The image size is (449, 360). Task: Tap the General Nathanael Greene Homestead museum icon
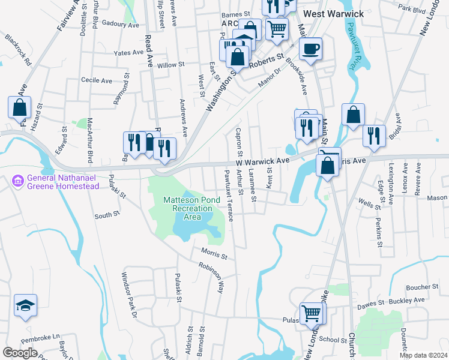[17, 180]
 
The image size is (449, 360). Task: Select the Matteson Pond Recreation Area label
[188, 208]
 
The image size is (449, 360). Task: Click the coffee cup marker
[310, 49]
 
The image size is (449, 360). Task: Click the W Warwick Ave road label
[262, 161]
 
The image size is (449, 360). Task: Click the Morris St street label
[214, 256]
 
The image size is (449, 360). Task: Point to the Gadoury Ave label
[120, 25]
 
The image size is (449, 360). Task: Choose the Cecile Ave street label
[97, 80]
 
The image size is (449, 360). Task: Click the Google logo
[20, 353]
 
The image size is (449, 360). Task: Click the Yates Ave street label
[129, 53]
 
